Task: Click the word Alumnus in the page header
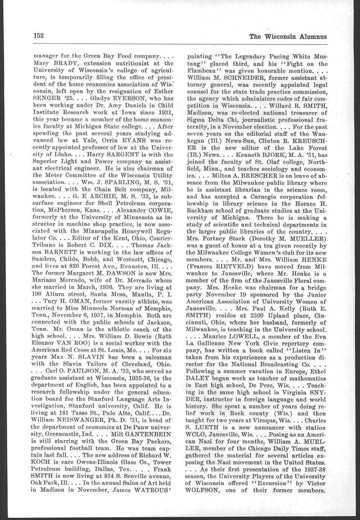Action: click(x=313, y=37)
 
